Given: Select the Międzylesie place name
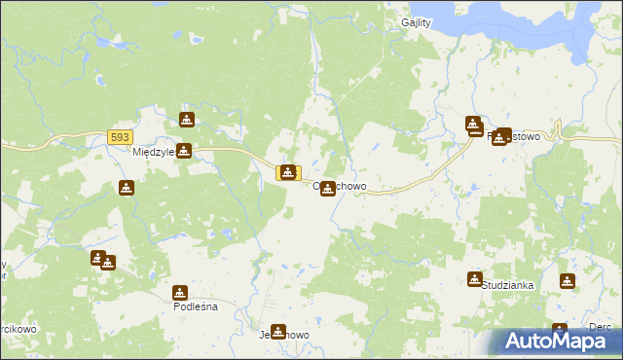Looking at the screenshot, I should pos(152,153).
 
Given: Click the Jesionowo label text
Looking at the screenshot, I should pos(284,335).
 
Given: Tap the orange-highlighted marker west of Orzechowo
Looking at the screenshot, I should pos(288,172).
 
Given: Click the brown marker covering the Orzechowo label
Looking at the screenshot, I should pos(329,188).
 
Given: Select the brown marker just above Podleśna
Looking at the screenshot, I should pos(180,292).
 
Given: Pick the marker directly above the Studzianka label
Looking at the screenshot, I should pos(474,279).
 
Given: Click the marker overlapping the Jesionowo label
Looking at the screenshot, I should pos(278,332).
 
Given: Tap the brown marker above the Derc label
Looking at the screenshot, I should pos(560,331).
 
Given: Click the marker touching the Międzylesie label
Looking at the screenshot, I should pos(182,151).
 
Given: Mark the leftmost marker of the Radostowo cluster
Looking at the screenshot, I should pos(473,125).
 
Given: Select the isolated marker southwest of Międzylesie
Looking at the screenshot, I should pos(126,188).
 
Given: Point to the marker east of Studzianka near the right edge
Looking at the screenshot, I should pos(568,281).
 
